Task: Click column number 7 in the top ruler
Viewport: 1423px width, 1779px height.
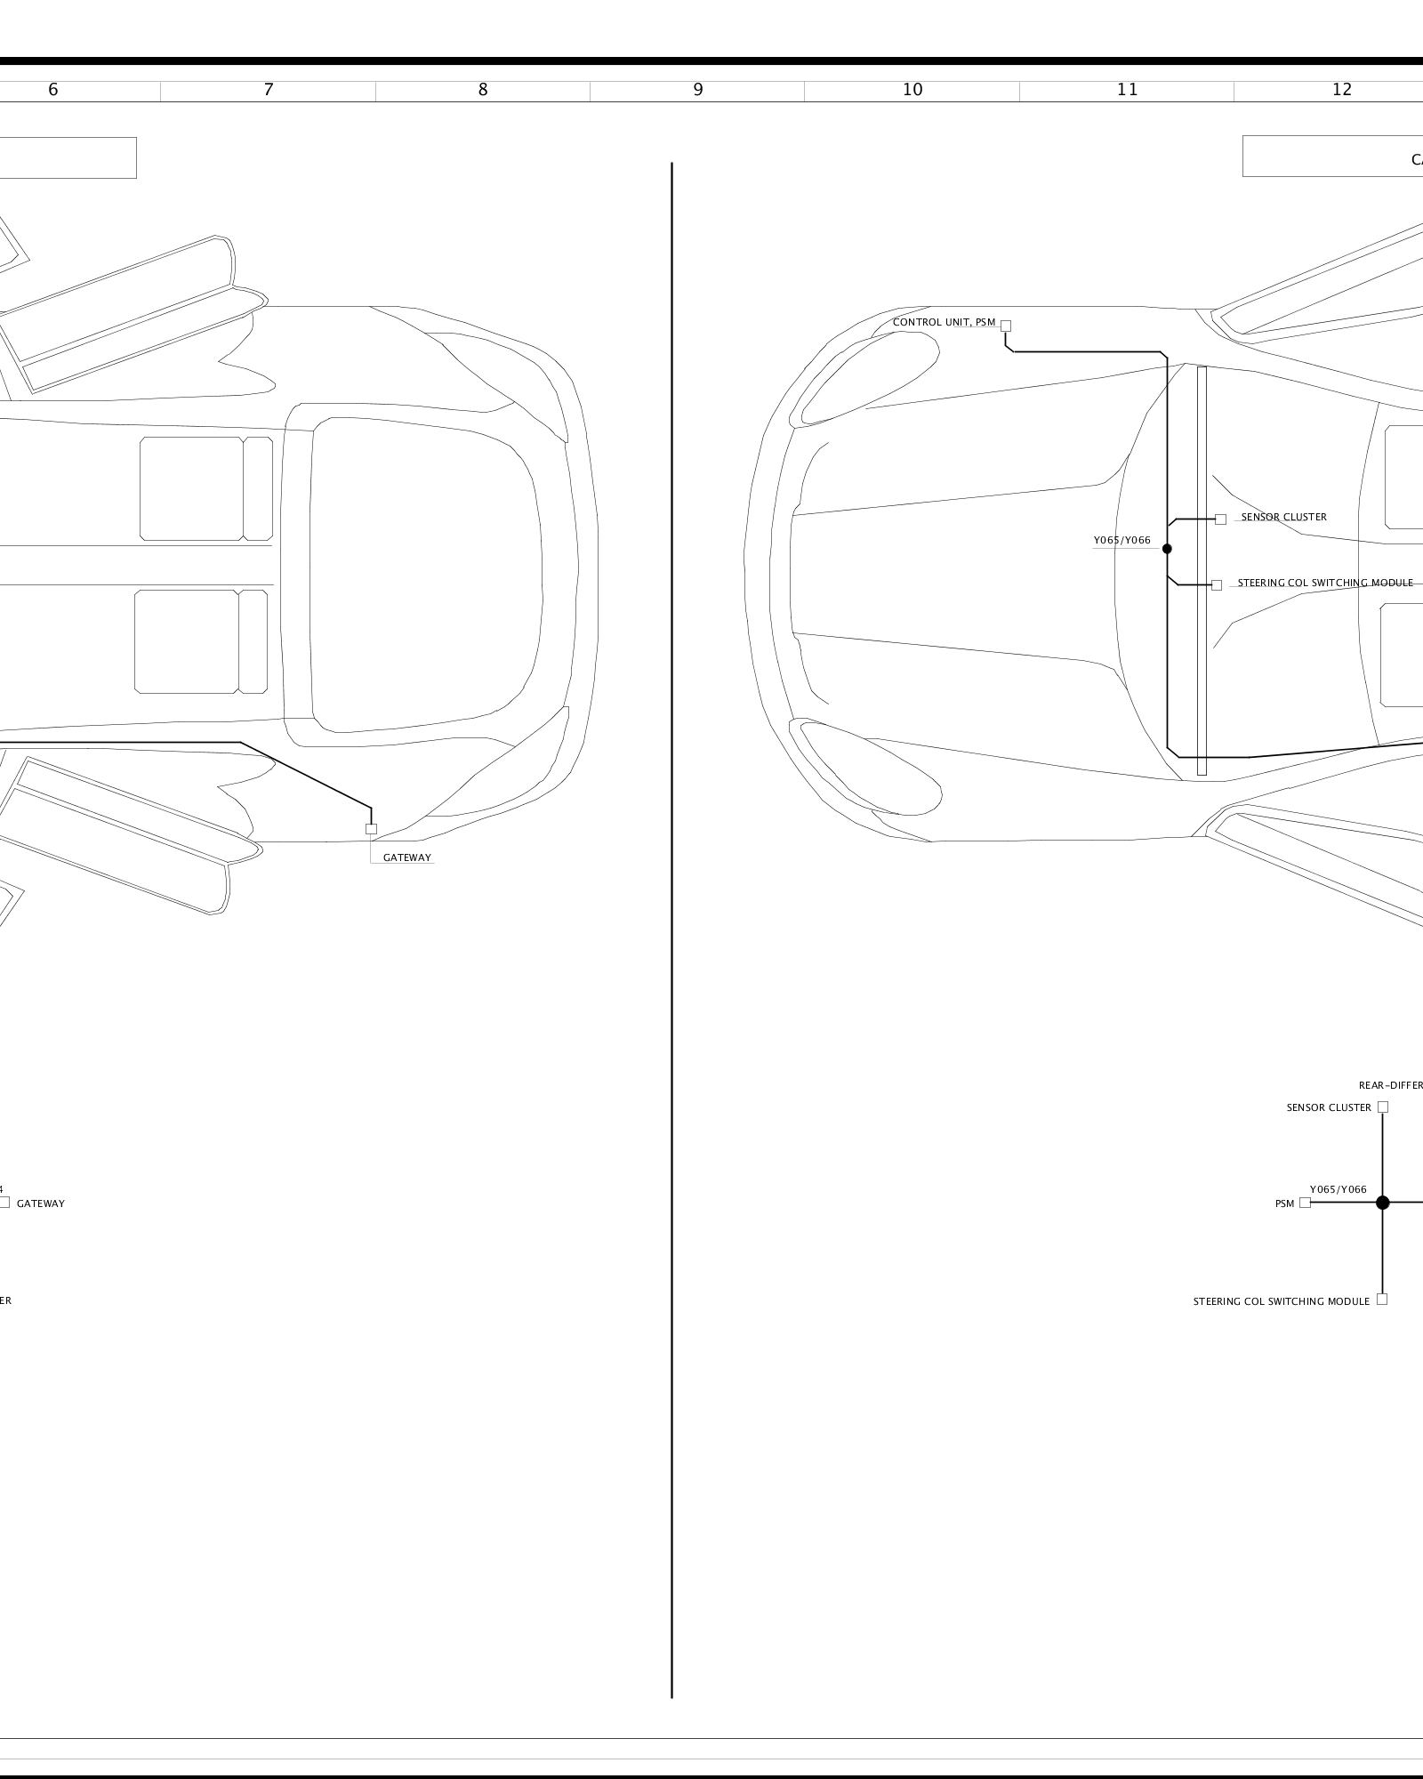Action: click(x=269, y=90)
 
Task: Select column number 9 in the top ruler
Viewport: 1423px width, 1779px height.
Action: click(x=698, y=90)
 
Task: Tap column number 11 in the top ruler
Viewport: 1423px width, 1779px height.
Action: click(x=1127, y=90)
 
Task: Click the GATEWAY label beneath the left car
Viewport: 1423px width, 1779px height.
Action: click(x=406, y=858)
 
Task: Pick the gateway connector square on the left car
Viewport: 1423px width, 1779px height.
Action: click(x=371, y=829)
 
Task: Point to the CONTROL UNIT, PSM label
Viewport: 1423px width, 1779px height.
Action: click(x=944, y=322)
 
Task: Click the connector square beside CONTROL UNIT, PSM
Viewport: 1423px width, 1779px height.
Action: click(x=1006, y=326)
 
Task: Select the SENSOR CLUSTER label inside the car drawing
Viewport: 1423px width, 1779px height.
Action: click(x=1283, y=517)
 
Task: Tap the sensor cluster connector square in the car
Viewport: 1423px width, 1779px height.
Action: click(x=1220, y=519)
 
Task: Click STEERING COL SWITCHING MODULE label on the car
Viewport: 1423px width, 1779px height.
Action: click(x=1325, y=584)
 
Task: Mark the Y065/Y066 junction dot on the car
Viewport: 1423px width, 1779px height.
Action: click(x=1167, y=549)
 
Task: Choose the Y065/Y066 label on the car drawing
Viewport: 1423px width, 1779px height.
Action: click(x=1122, y=540)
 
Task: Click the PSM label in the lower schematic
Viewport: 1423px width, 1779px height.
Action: click(x=1284, y=1203)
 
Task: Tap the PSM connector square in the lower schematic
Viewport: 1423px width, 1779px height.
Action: click(x=1305, y=1203)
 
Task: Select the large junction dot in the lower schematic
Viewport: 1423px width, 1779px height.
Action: click(x=1382, y=1203)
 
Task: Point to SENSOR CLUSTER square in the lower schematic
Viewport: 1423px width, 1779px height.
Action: click(x=1382, y=1107)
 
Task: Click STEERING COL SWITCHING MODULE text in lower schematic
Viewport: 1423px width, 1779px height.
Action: click(x=1281, y=1301)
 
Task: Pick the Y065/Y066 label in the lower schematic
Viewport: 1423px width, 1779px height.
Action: click(x=1338, y=1189)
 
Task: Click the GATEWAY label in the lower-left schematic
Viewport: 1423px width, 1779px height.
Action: click(x=40, y=1203)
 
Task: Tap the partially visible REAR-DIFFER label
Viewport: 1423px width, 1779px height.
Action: click(x=1391, y=1085)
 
